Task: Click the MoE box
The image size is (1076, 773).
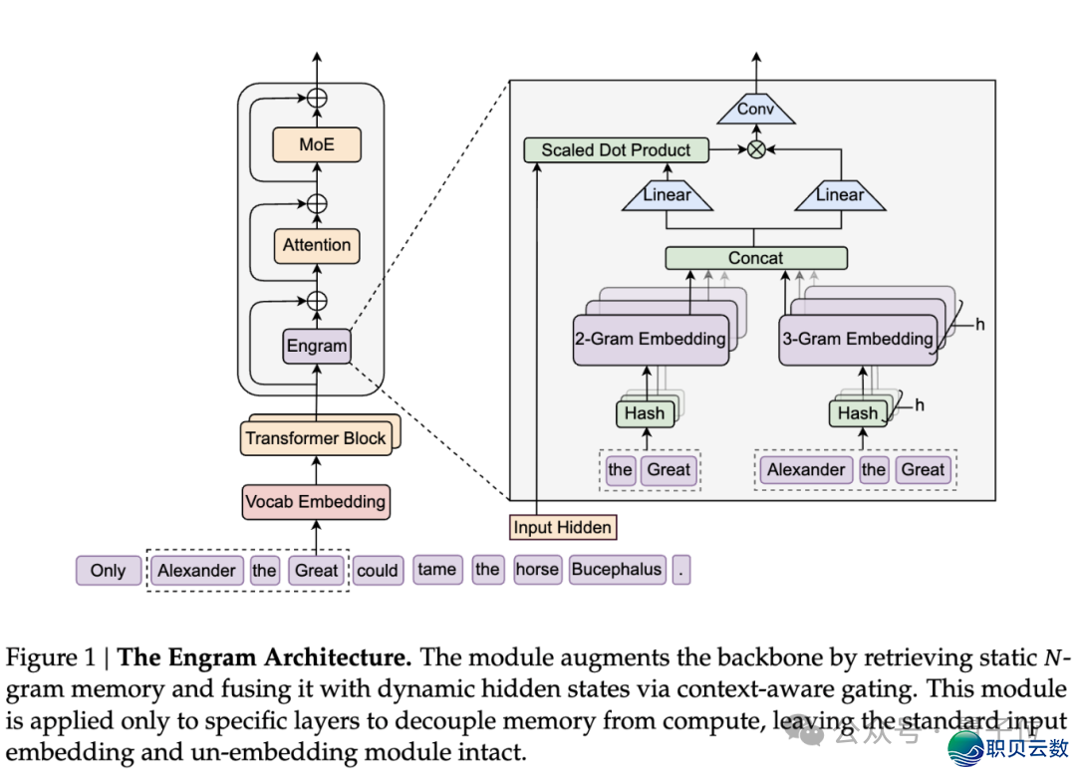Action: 317,144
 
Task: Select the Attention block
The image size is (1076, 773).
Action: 317,245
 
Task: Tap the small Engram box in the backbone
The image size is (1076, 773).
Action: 317,347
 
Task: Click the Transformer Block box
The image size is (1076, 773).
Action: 316,438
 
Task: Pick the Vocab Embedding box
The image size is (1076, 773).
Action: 316,501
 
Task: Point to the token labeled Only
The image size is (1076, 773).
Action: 108,571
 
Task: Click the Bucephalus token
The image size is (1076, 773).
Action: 617,570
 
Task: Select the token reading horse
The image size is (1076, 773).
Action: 537,570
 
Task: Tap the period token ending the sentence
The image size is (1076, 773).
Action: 680,570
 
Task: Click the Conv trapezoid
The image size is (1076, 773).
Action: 755,110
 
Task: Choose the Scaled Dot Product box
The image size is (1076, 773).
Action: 616,150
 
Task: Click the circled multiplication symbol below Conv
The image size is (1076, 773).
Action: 756,150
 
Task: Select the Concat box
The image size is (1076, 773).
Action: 755,258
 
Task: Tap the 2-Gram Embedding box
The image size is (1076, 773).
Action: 650,339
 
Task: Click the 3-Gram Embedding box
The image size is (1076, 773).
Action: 857,339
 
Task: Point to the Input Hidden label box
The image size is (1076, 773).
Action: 562,527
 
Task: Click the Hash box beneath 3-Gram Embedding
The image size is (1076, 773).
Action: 857,412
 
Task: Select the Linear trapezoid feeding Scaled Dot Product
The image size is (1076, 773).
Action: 668,196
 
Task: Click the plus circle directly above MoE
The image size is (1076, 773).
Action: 317,98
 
